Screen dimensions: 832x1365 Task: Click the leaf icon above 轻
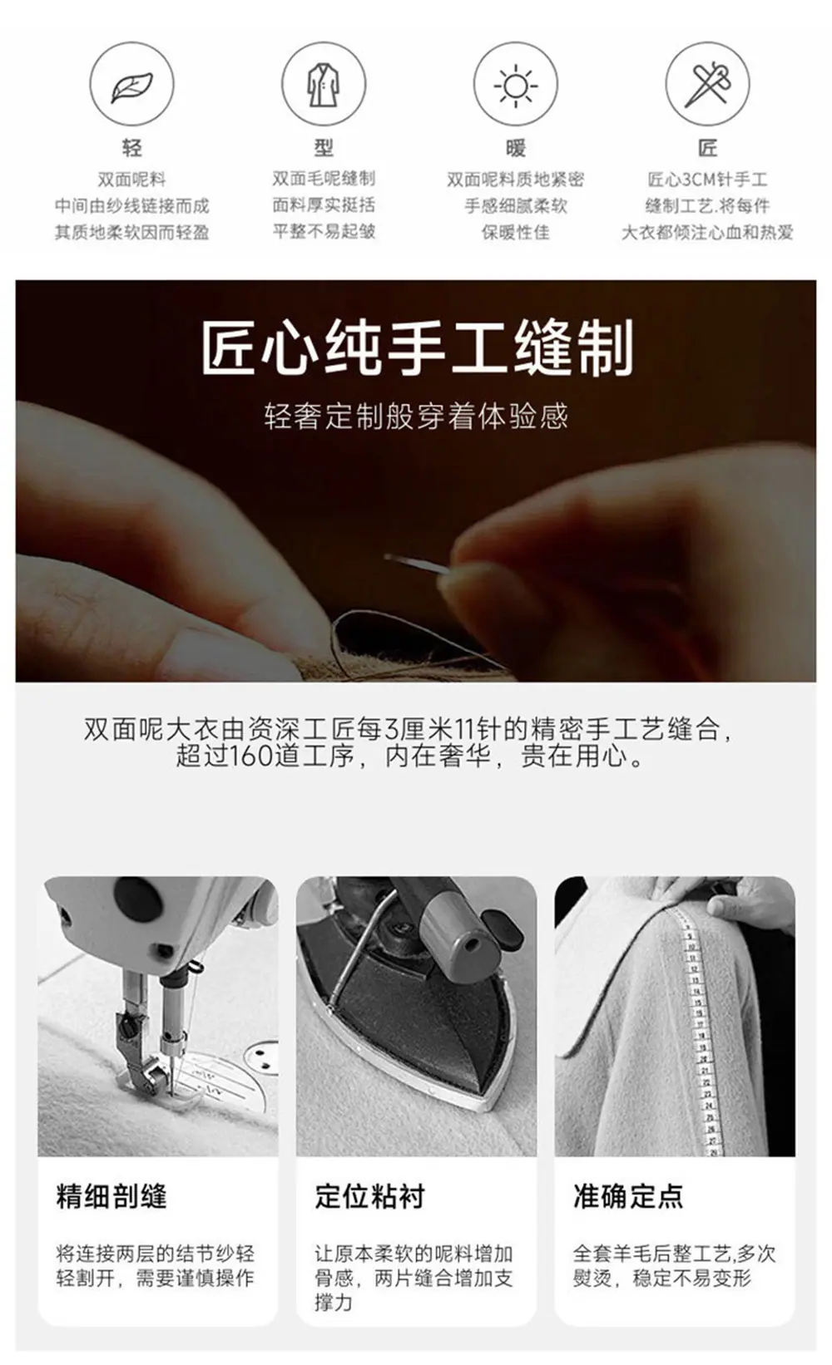click(x=131, y=86)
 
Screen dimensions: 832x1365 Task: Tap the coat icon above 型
click(x=324, y=86)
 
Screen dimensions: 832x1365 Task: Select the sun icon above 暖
click(x=516, y=86)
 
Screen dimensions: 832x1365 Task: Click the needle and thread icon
click(x=707, y=85)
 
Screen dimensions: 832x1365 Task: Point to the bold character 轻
click(x=131, y=147)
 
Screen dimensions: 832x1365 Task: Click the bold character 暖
click(x=516, y=147)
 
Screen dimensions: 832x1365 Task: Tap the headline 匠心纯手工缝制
click(x=417, y=348)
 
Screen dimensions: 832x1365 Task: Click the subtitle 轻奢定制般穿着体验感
click(x=416, y=416)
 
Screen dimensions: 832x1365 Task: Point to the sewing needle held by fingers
click(x=418, y=564)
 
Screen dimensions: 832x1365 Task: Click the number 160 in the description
click(x=248, y=756)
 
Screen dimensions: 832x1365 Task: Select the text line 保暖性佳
click(x=516, y=232)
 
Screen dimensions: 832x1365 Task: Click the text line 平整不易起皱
click(x=324, y=231)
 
